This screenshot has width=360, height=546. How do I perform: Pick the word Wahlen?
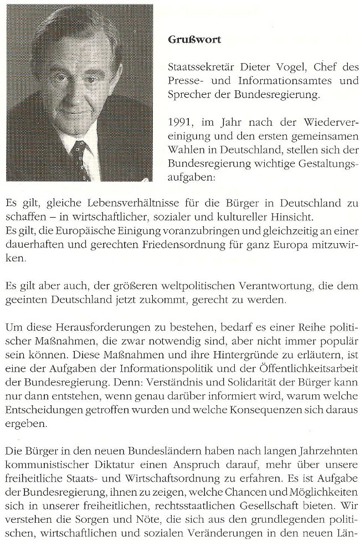coord(184,150)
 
